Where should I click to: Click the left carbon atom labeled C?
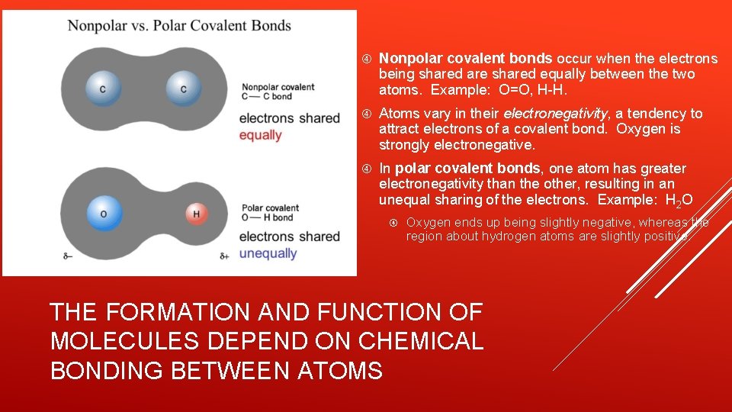102,89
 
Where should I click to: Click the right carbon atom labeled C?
183,89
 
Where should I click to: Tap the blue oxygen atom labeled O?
104,214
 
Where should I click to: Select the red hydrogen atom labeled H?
196,214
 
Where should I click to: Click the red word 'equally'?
260,135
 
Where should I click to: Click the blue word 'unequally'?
268,253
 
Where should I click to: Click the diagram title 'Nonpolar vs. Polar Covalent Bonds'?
179,26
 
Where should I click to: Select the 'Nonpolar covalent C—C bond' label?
278,92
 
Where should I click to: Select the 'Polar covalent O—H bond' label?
270,212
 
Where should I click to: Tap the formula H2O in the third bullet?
679,201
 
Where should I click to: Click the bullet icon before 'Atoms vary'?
366,114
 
